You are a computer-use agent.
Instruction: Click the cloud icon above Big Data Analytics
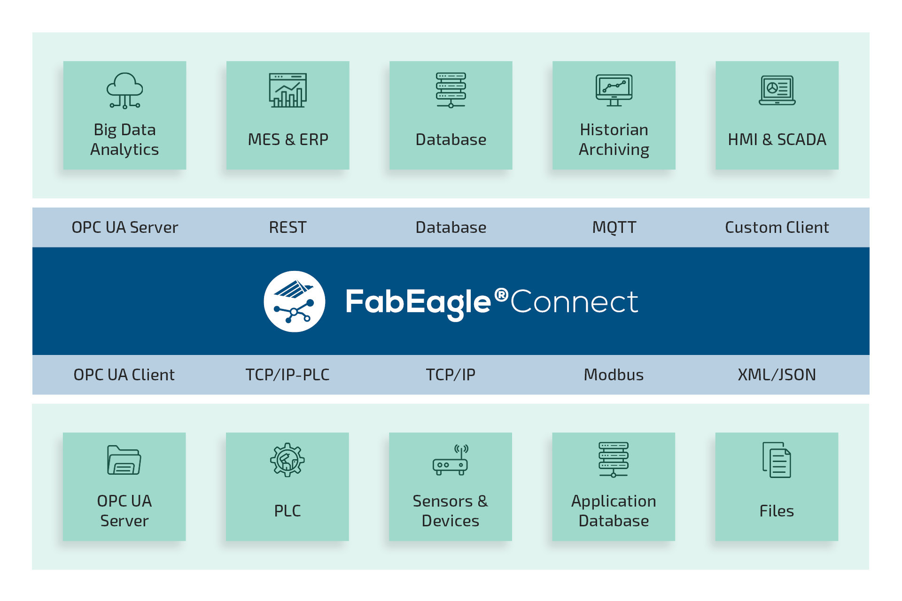pyautogui.click(x=124, y=90)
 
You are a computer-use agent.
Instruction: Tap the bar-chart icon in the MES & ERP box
pyautogui.click(x=288, y=90)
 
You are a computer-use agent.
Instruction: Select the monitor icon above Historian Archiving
pyautogui.click(x=614, y=90)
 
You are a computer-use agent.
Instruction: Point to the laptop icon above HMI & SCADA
pyautogui.click(x=777, y=90)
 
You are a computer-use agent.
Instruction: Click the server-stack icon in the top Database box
pyautogui.click(x=451, y=90)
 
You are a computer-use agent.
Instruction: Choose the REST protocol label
pyautogui.click(x=288, y=227)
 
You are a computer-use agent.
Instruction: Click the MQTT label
pyautogui.click(x=614, y=227)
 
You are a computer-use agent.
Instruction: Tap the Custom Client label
pyautogui.click(x=777, y=227)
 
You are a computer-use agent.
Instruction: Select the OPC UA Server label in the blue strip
pyautogui.click(x=124, y=227)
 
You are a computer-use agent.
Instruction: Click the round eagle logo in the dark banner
pyautogui.click(x=294, y=301)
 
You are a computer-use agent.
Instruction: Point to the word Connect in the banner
pyautogui.click(x=574, y=301)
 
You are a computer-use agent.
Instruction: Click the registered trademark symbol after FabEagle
pyautogui.click(x=501, y=294)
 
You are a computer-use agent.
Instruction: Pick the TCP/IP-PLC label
pyautogui.click(x=288, y=375)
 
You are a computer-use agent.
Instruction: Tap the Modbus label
pyautogui.click(x=614, y=375)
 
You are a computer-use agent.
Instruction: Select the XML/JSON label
pyautogui.click(x=777, y=375)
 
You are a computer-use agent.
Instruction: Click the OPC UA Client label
pyautogui.click(x=124, y=375)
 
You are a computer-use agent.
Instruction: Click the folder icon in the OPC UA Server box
pyautogui.click(x=124, y=460)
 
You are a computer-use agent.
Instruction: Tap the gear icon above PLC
pyautogui.click(x=287, y=460)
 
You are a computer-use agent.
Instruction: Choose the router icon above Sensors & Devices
pyautogui.click(x=451, y=461)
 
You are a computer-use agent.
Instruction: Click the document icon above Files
pyautogui.click(x=777, y=460)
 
